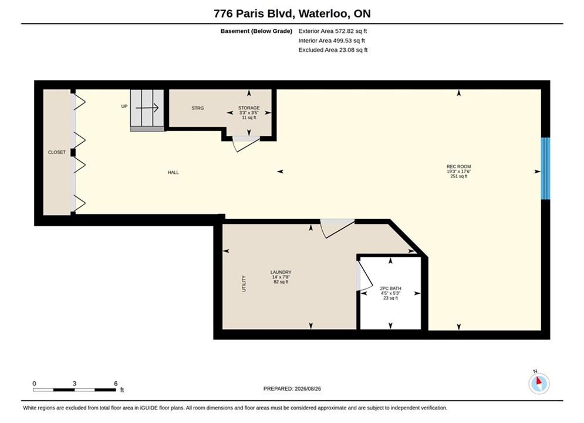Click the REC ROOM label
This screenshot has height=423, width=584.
point(458,167)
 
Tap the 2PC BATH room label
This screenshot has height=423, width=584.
point(390,288)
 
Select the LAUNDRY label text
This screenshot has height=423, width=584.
point(281,272)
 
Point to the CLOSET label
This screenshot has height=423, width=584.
point(56,152)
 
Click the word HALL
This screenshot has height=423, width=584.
point(173,172)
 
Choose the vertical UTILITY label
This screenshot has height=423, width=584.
point(244,284)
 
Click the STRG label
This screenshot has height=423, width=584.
point(198,108)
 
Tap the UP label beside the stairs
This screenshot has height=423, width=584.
point(124,106)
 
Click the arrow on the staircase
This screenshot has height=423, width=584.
point(147,108)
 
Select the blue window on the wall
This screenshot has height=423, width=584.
point(545,169)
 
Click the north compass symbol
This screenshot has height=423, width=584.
point(539,382)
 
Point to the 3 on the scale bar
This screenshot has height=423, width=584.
point(75,384)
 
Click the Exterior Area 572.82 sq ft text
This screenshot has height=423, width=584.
point(333,31)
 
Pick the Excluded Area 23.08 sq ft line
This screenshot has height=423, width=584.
point(333,49)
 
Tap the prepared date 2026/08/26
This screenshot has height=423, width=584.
point(308,389)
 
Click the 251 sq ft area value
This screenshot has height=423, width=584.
point(458,176)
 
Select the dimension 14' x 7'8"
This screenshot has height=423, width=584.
point(281,277)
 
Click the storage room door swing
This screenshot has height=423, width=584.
point(246,145)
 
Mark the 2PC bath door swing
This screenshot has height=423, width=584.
point(364,274)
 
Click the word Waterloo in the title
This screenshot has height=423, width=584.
point(324,14)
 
